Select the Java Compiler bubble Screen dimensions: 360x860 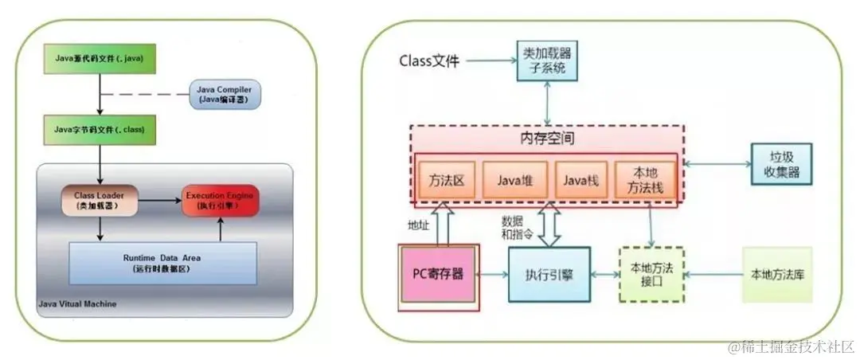click(225, 93)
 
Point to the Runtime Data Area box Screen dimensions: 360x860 click(162, 263)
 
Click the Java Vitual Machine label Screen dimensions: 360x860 click(76, 303)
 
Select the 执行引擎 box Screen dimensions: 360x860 click(549, 274)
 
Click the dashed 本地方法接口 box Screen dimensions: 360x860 click(650, 274)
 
